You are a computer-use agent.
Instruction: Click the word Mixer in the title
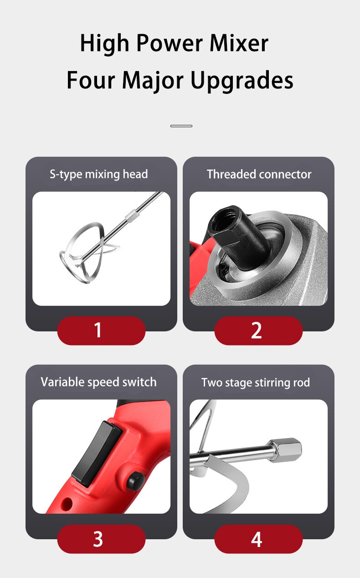pos(239,43)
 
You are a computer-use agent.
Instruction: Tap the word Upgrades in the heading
pos(242,81)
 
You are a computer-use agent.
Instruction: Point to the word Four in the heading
pos(91,80)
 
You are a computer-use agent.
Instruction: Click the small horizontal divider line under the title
pos(181,126)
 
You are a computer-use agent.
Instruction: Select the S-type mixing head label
pos(99,175)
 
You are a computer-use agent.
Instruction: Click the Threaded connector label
pos(259,174)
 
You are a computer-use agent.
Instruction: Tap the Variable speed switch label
pos(98,382)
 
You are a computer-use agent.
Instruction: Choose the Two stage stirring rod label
pos(256,382)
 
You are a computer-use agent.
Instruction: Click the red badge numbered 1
pos(101,330)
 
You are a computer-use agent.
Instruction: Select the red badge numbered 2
pos(258,330)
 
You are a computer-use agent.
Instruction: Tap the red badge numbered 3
pos(101,539)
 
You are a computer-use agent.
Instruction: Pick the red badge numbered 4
pos(258,539)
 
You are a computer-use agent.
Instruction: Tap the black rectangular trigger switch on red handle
pos(97,454)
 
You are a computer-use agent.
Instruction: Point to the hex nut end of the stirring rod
pos(286,449)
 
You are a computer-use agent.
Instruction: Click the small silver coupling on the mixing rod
pos(131,216)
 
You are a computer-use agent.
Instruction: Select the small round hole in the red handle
pos(67,504)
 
